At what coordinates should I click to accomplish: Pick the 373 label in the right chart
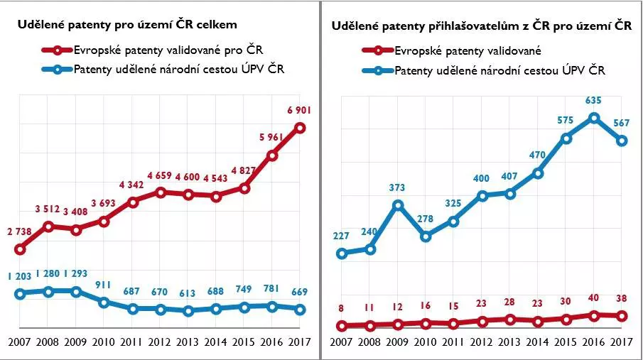[398, 188]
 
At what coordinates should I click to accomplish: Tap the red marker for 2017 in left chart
[301, 128]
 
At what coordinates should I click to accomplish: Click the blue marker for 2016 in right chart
[595, 118]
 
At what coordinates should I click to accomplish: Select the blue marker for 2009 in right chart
[398, 205]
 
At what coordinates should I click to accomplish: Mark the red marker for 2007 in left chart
[20, 249]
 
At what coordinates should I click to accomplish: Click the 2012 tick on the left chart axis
[160, 342]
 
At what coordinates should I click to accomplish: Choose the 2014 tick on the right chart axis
[538, 342]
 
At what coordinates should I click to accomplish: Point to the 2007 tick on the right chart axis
[342, 342]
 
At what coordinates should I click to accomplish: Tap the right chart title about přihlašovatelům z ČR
[481, 26]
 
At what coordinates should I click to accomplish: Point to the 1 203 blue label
[20, 276]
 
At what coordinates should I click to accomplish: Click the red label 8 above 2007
[342, 309]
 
